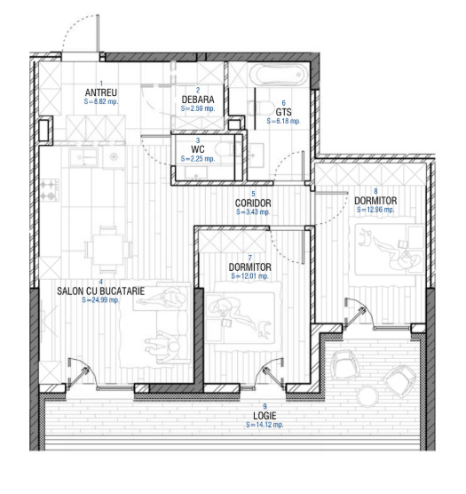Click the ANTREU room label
coord(101,92)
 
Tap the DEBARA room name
coord(198,100)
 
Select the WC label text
coord(198,149)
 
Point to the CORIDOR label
coord(253,203)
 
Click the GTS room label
coord(283,112)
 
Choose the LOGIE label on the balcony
coord(265,416)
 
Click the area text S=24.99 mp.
coord(100,300)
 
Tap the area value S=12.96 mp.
coord(375,210)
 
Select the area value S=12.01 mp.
coord(249,276)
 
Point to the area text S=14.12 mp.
coord(265,425)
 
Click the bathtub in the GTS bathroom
coord(278,75)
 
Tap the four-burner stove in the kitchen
coord(50,190)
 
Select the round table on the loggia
coord(367,395)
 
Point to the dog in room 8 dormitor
coord(365,238)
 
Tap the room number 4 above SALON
coord(100,282)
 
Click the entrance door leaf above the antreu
coord(99,33)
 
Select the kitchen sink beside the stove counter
coord(83,156)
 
